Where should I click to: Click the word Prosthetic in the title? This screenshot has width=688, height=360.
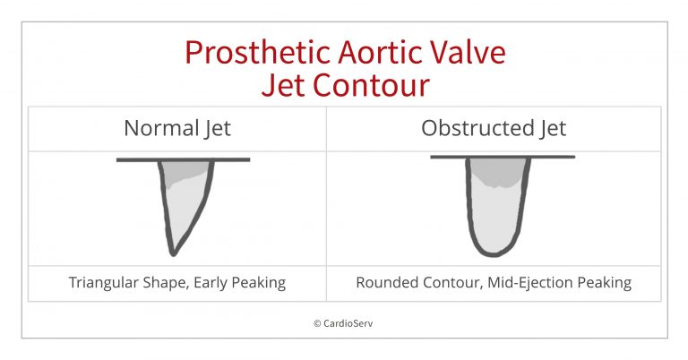[x=258, y=52]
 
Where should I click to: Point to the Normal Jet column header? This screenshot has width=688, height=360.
[x=177, y=128]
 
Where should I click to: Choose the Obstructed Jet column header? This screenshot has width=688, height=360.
[x=494, y=128]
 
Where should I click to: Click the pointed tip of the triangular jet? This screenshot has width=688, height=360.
[x=173, y=254]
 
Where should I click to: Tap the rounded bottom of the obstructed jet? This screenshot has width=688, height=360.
[x=494, y=253]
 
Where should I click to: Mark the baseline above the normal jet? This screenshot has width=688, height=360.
[x=183, y=160]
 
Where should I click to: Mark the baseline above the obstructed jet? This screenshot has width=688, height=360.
[x=503, y=157]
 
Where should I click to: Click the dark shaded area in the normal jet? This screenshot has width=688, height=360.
[x=185, y=171]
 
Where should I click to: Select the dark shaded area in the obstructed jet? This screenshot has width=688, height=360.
[x=497, y=172]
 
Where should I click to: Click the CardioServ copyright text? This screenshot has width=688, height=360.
[x=343, y=323]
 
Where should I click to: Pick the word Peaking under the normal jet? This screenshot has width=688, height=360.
[x=258, y=282]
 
